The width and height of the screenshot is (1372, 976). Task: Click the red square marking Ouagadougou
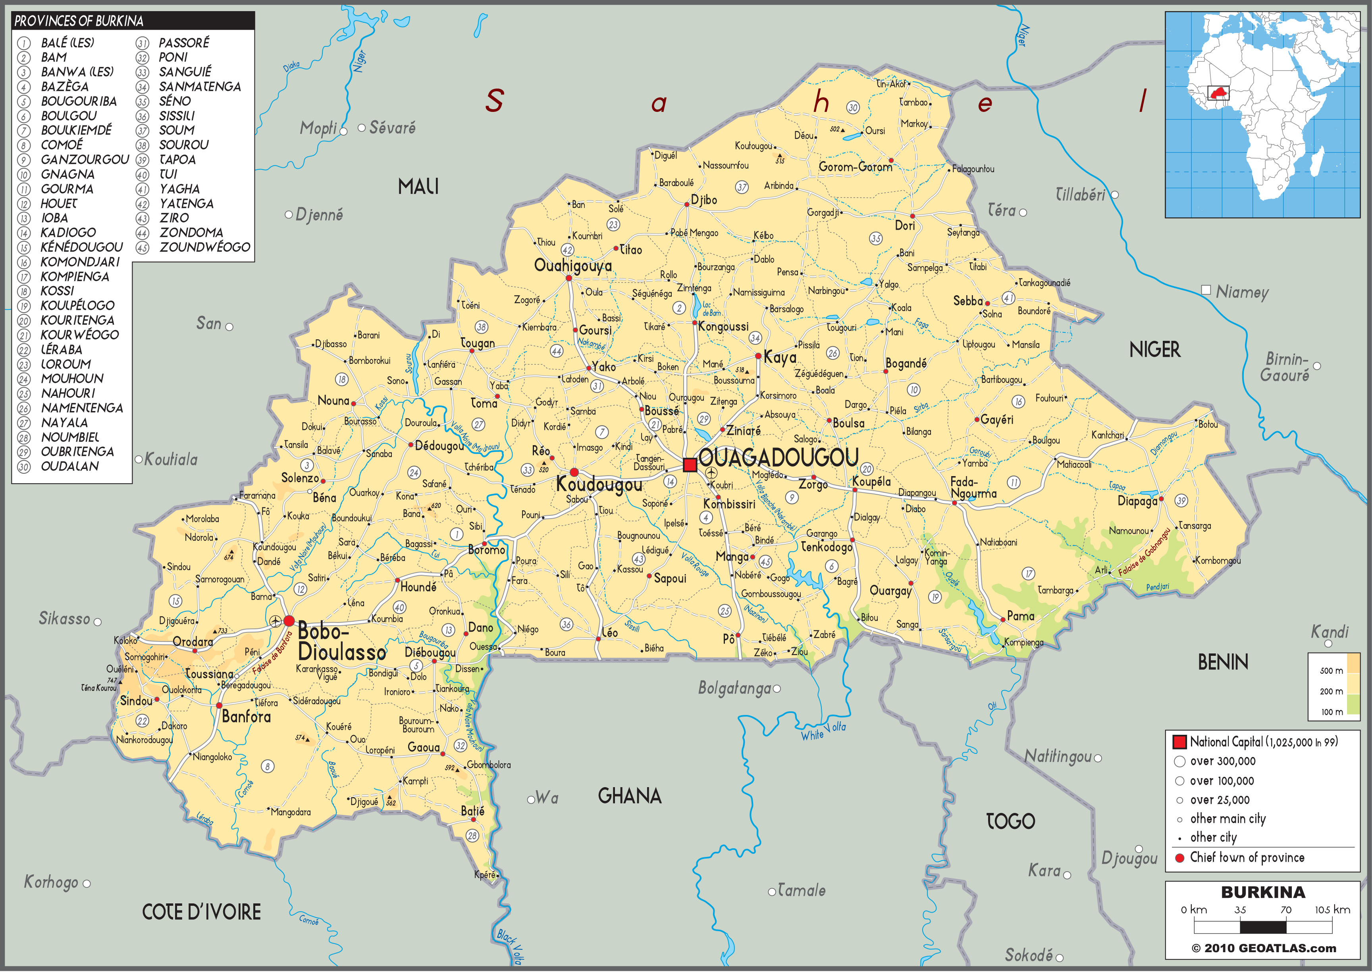(690, 465)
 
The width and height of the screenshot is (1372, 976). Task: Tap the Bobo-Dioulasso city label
(341, 642)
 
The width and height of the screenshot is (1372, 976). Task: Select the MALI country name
(418, 187)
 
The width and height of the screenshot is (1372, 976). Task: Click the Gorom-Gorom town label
(855, 167)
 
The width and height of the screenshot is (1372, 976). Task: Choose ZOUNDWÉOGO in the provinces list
(204, 247)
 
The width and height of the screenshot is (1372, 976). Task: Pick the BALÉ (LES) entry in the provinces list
(67, 43)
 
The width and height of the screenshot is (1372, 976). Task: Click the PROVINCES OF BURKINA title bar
(132, 21)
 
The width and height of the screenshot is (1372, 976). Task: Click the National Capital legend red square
(1179, 742)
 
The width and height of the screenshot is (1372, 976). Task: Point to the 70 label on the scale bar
(1285, 910)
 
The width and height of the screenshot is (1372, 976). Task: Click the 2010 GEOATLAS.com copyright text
(1263, 948)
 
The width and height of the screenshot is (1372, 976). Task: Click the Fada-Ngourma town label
(972, 487)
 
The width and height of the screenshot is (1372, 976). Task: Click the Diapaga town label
(1136, 501)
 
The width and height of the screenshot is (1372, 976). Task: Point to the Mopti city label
(318, 128)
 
